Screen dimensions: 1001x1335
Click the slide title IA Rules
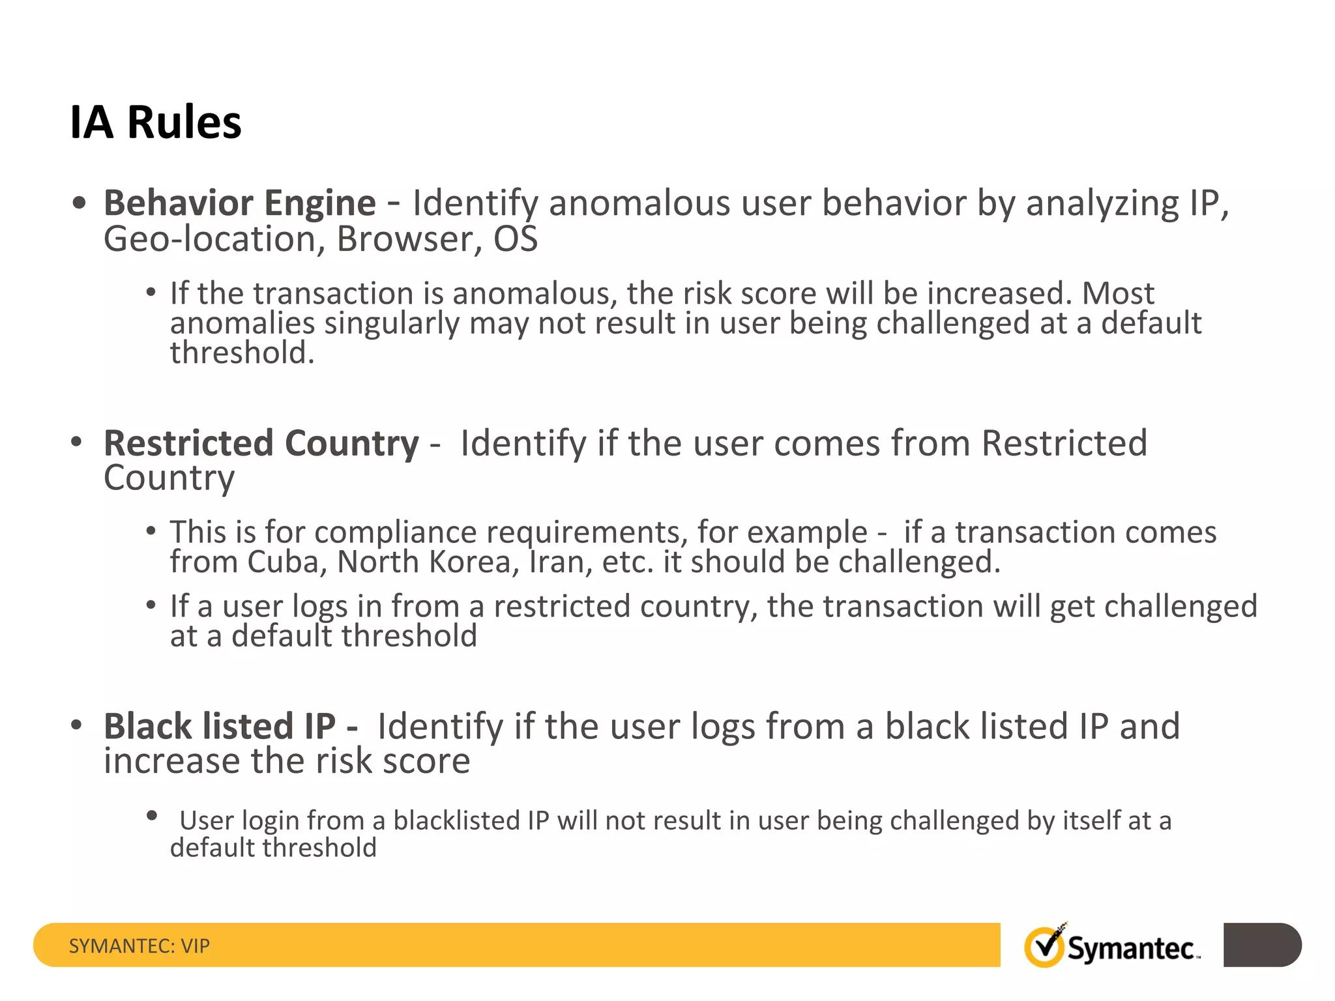click(155, 123)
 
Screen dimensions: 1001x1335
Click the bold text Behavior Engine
click(239, 203)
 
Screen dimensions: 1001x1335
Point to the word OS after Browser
click(515, 239)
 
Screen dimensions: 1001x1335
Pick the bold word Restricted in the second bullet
click(188, 443)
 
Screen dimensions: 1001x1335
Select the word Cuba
click(286, 562)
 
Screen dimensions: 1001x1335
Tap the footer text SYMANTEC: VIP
click(139, 946)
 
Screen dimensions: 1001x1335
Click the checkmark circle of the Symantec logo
click(1044, 947)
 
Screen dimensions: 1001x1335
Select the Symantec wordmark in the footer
click(1131, 949)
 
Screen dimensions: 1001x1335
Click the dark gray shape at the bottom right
click(1262, 945)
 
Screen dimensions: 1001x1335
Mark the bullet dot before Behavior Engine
click(79, 203)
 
